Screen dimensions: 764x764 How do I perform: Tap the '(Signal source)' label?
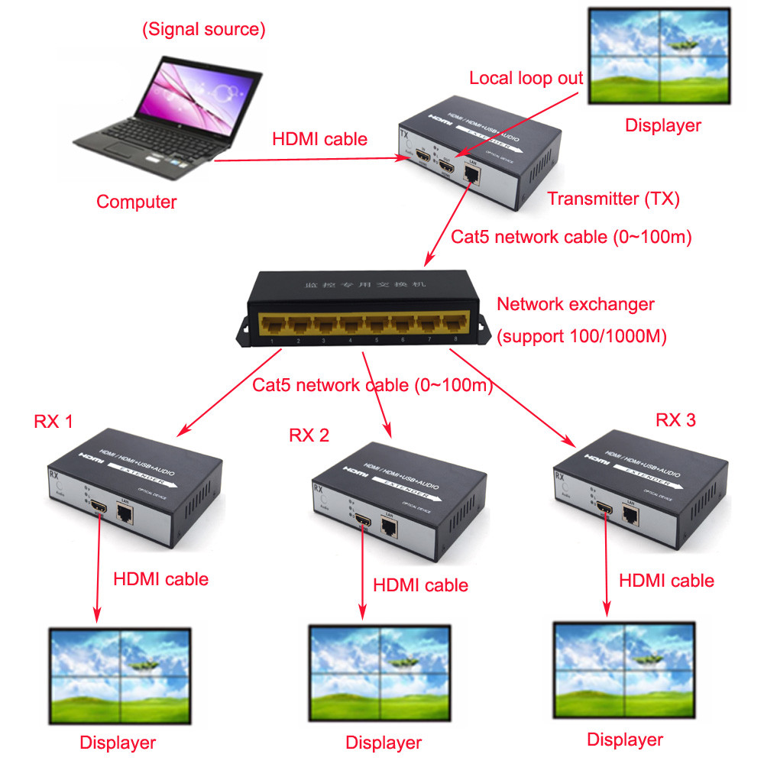click(203, 30)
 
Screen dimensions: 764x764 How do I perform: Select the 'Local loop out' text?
click(526, 78)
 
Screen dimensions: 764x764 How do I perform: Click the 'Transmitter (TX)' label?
click(613, 199)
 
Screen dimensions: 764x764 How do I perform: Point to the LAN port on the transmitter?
click(472, 175)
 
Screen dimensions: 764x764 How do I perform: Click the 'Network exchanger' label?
click(575, 304)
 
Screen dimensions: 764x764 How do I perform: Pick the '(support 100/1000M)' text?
click(581, 336)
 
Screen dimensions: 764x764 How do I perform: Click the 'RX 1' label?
click(53, 421)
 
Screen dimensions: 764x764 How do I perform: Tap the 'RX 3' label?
click(676, 419)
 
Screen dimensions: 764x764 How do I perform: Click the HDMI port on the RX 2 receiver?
click(363, 522)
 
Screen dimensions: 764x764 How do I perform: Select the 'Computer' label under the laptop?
click(136, 202)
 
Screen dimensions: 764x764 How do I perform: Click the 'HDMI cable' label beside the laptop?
click(319, 139)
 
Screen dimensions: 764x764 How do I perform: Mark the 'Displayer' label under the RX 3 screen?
click(625, 740)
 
